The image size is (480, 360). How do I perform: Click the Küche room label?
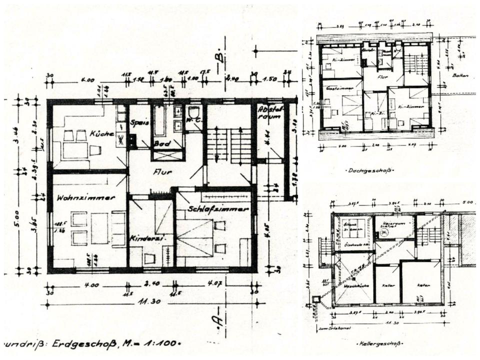coord(102,134)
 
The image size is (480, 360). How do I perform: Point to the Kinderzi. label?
coord(144,238)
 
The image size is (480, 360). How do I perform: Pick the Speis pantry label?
coord(136,122)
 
